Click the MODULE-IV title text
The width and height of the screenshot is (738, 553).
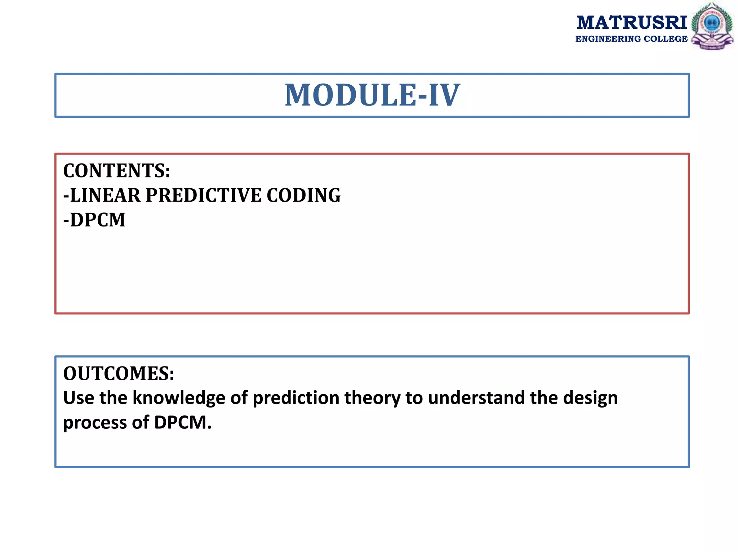pyautogui.click(x=372, y=95)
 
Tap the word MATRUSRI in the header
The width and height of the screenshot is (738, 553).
pyautogui.click(x=632, y=23)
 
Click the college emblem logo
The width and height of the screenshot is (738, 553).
pyautogui.click(x=712, y=26)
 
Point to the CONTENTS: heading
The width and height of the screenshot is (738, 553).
pyautogui.click(x=116, y=171)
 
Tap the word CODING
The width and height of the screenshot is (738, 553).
pyautogui.click(x=303, y=195)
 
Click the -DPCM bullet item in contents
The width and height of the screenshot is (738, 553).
pyautogui.click(x=94, y=220)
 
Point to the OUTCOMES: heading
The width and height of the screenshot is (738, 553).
pyautogui.click(x=119, y=373)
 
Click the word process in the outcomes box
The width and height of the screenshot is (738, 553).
pyautogui.click(x=94, y=423)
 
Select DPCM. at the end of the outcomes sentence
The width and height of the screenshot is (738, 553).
pyautogui.click(x=183, y=423)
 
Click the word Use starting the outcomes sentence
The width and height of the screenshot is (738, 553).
pyautogui.click(x=78, y=398)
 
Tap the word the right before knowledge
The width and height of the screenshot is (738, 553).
pyautogui.click(x=113, y=398)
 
